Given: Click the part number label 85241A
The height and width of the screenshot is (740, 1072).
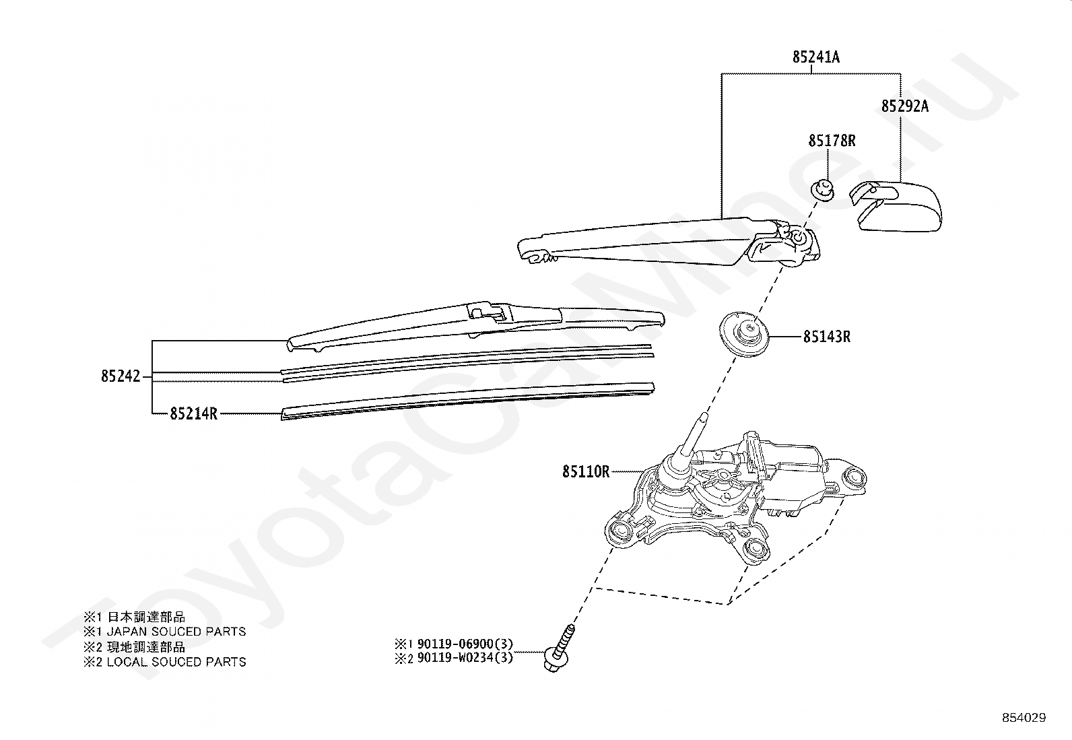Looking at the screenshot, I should (815, 57).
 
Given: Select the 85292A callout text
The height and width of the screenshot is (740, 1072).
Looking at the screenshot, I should (905, 106).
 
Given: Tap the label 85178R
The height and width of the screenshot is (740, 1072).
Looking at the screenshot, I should (832, 141).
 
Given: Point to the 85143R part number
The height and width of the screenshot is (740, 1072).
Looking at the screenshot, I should (826, 336).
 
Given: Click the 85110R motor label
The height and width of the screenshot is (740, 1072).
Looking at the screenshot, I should (586, 471).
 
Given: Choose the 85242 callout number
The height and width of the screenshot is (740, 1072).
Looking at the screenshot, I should (121, 376).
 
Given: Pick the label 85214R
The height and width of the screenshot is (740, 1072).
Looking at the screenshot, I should (193, 413).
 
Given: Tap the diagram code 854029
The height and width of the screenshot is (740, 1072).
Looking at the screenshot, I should (1024, 718).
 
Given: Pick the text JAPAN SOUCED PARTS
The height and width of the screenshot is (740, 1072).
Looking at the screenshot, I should (176, 632).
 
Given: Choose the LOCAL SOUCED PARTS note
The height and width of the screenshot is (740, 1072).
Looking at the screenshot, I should (176, 662).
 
